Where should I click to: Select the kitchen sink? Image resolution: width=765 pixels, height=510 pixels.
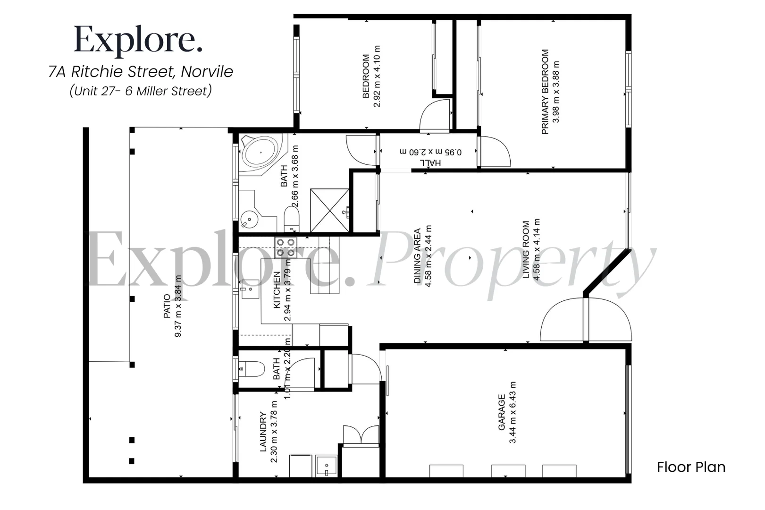click(x=250, y=289)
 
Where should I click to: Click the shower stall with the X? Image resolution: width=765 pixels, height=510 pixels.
click(x=329, y=210)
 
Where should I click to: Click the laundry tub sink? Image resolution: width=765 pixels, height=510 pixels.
click(x=326, y=466)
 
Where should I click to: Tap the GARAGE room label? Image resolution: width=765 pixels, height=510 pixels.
click(x=502, y=412)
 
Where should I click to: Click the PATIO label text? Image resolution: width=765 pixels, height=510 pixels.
click(x=167, y=306)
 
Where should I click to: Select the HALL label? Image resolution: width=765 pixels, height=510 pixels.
click(x=430, y=162)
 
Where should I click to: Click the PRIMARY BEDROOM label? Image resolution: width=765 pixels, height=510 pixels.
click(x=545, y=92)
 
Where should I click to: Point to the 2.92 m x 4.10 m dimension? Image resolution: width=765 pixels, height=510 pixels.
click(x=377, y=76)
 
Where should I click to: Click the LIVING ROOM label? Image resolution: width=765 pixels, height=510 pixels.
click(x=526, y=249)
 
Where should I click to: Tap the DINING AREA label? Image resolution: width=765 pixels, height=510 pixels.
click(x=417, y=256)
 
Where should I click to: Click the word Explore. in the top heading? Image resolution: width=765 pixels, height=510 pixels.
click(x=138, y=40)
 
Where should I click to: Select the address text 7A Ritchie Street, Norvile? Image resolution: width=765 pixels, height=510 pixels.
click(x=141, y=72)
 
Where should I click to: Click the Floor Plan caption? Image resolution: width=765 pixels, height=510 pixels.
click(x=691, y=467)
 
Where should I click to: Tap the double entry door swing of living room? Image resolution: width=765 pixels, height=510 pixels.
click(x=585, y=320)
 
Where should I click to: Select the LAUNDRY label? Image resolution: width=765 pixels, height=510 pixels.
click(x=263, y=432)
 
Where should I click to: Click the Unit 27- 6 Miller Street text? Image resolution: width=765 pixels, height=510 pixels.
click(x=140, y=91)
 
